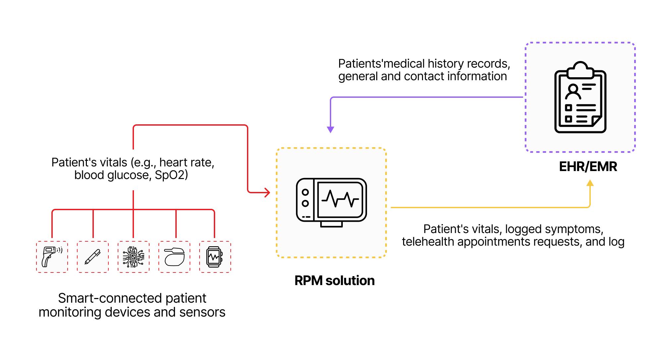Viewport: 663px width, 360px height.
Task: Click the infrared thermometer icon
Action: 52,257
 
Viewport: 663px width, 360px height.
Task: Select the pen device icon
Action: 93,257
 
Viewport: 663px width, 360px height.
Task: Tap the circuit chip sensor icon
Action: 134,257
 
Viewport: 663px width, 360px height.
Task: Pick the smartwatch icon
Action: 215,257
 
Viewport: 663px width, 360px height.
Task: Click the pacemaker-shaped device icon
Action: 174,257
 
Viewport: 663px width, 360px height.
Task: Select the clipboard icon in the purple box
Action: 580,97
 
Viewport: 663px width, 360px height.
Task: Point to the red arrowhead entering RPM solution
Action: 267,192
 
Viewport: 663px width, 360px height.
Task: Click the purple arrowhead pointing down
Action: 331,130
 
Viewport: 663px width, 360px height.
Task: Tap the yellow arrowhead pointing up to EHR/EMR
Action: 590,183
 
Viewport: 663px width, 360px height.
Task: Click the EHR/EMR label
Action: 588,167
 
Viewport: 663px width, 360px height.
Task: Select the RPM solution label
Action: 334,281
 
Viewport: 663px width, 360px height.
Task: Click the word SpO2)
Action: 171,175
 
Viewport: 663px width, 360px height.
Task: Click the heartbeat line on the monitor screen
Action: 340,199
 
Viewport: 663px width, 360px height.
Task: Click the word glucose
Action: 129,175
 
